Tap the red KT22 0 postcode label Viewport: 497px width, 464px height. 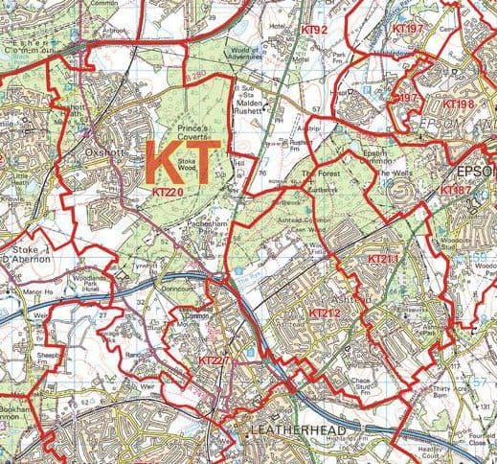coord(169,193)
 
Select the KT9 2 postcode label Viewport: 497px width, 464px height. coord(314,31)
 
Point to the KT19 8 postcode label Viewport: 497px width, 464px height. coord(459,103)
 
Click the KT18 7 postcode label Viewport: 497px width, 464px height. coord(455,191)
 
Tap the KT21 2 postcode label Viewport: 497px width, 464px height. coord(325,313)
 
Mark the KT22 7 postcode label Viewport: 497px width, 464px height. coord(214,360)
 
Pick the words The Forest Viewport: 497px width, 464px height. coord(322,173)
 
